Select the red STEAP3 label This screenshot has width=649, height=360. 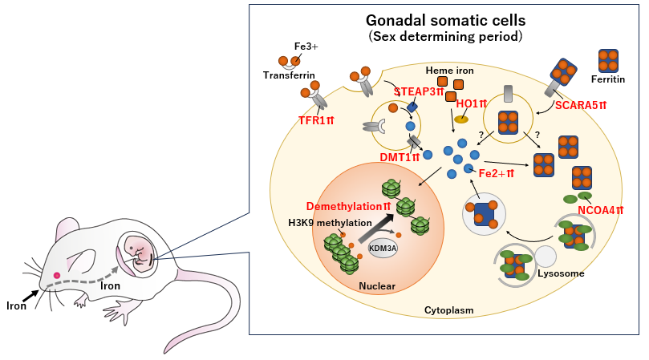[x=419, y=91]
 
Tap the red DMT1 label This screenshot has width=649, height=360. [x=400, y=157]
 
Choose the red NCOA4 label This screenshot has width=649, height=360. [x=601, y=212]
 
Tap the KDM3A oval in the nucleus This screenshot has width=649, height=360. [x=383, y=249]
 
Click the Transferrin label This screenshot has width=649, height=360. [x=287, y=75]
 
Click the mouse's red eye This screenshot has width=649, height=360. [x=56, y=275]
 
